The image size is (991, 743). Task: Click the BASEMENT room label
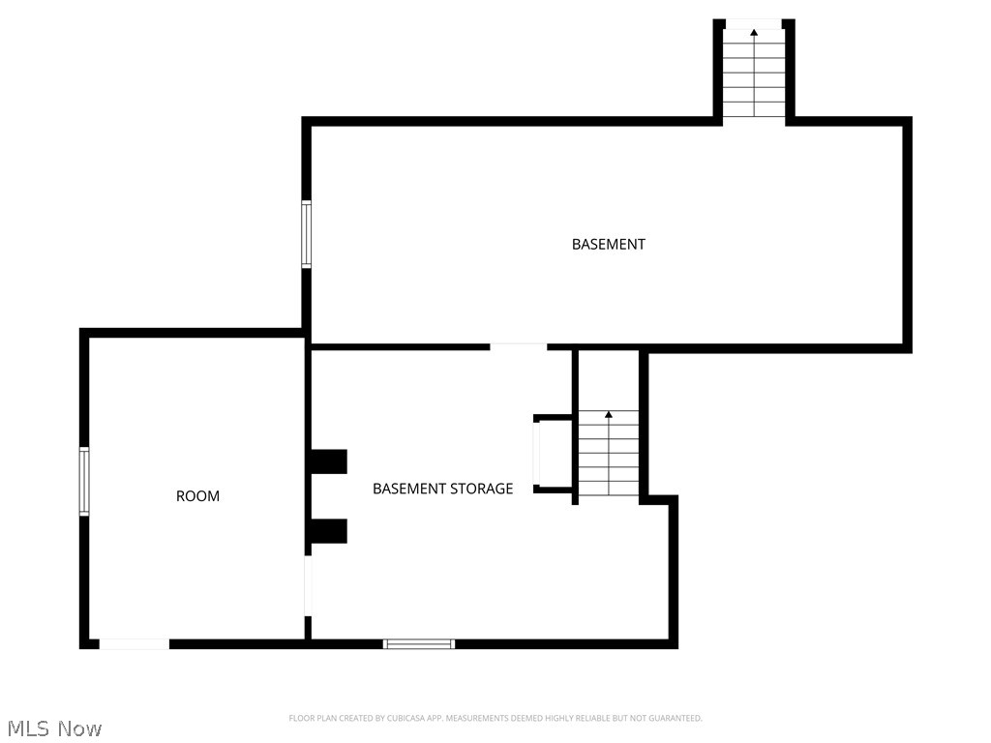point(608,245)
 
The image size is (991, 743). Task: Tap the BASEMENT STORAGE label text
point(442,489)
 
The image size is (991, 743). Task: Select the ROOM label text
point(197,496)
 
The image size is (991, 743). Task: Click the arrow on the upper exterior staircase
point(754,33)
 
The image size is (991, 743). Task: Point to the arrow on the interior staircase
point(609,415)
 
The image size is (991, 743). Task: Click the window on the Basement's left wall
point(306,234)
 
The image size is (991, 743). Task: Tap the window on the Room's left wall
point(84,481)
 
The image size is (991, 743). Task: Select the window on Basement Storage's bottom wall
point(419,643)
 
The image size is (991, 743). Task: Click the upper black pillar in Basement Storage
point(328,461)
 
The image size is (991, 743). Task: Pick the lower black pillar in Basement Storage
point(328,531)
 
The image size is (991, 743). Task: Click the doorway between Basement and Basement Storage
point(519,345)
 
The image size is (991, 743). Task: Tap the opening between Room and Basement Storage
point(308,585)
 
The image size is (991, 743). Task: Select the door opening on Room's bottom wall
point(135,643)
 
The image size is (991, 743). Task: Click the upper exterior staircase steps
point(754,77)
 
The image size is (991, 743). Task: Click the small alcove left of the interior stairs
point(555,454)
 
